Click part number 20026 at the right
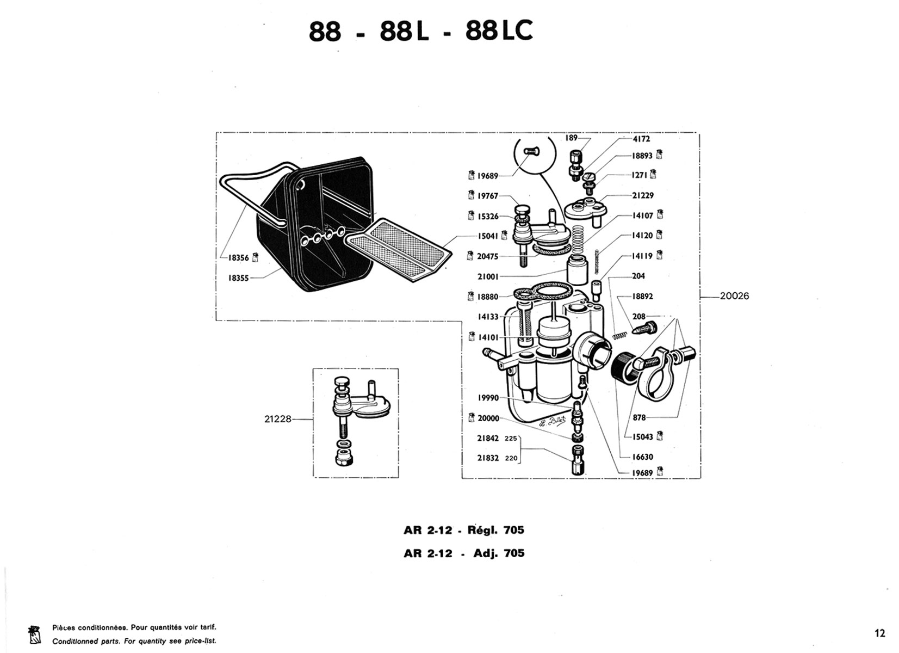tap(734, 297)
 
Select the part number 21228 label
tap(278, 419)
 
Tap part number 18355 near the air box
tap(238, 278)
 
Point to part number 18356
tap(238, 258)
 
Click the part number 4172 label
tap(641, 139)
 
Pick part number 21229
tap(642, 195)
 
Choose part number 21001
tap(488, 276)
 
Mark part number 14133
tap(488, 317)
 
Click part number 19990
tap(488, 398)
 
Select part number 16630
tap(642, 457)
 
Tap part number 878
tap(639, 418)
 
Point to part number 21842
tap(488, 439)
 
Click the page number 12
tap(880, 633)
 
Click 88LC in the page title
tap(499, 32)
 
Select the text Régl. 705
tap(495, 530)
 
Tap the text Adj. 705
tap(499, 553)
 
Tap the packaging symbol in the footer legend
tap(34, 634)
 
